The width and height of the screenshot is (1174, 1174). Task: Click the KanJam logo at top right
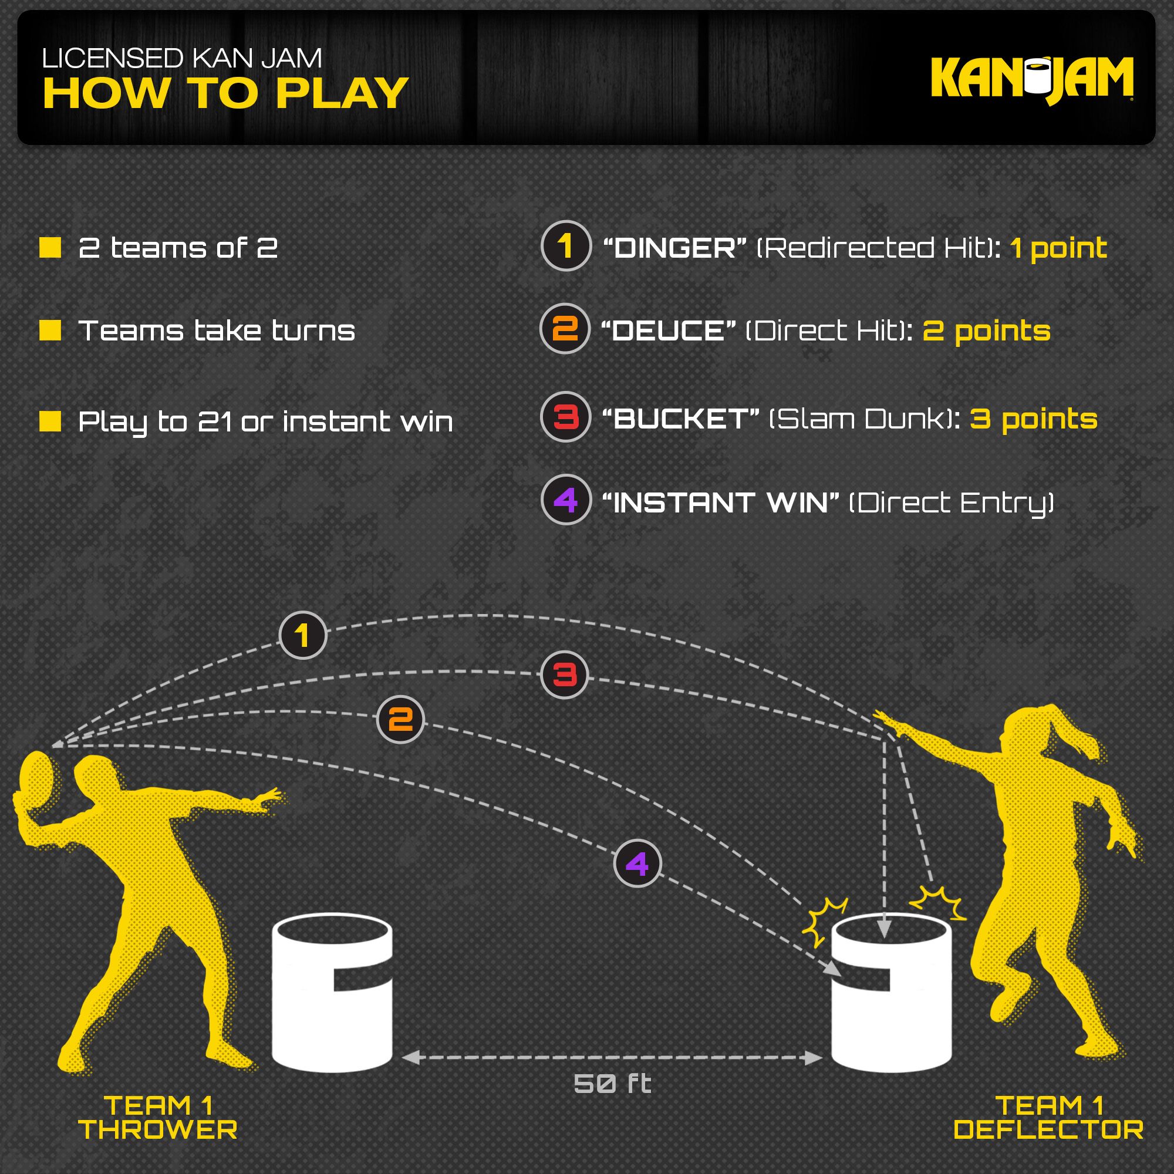[1031, 79]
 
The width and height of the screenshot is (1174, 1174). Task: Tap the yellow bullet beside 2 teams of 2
[50, 247]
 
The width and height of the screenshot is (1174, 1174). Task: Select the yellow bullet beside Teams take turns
[50, 330]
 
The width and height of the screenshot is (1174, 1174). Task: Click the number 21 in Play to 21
[215, 421]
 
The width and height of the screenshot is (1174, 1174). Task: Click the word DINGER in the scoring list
[674, 248]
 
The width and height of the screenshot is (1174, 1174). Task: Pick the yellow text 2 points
[986, 330]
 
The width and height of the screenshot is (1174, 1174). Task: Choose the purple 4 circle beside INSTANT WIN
[566, 500]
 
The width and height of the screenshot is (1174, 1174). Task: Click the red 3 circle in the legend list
[566, 417]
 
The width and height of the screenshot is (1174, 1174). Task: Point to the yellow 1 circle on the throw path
[303, 636]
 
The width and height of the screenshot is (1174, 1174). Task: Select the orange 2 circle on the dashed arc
[400, 720]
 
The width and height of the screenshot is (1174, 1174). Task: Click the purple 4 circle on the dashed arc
[637, 863]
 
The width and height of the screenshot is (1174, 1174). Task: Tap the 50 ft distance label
[612, 1084]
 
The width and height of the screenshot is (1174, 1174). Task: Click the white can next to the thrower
[332, 997]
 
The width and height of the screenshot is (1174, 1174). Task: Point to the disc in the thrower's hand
[35, 784]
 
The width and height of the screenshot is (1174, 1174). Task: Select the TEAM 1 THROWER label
[158, 1118]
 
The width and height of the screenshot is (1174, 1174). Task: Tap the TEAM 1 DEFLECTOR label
[1049, 1118]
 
